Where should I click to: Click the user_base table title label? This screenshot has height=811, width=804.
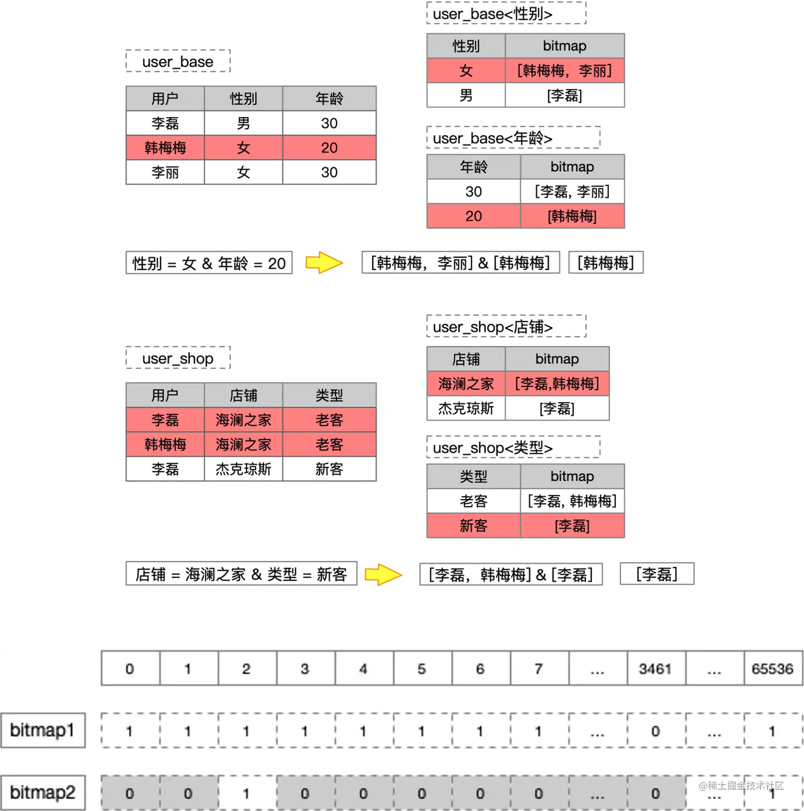178,62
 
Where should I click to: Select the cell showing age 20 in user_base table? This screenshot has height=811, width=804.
329,148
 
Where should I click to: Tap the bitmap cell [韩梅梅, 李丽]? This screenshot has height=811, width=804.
564,71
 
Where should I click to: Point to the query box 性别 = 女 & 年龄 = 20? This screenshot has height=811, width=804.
208,263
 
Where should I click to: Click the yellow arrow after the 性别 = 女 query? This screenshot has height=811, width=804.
323,262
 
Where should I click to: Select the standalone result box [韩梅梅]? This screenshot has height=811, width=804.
606,262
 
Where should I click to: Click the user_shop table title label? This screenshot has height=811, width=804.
178,358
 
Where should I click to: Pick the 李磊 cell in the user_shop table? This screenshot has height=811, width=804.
165,420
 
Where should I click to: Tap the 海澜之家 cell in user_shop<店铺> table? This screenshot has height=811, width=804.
466,383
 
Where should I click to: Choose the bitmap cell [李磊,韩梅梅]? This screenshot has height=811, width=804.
557,383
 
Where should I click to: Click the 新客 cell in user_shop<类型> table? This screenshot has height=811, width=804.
473,526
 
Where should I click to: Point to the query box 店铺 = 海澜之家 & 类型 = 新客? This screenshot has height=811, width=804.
241,574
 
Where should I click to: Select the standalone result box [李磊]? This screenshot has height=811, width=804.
657,574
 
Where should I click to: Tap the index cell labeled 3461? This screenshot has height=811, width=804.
656,668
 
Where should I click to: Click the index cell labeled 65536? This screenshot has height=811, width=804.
772,668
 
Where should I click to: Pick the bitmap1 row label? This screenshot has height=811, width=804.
42,730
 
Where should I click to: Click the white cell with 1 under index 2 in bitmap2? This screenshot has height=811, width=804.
246,793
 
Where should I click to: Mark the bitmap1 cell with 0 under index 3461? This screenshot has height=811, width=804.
656,731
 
